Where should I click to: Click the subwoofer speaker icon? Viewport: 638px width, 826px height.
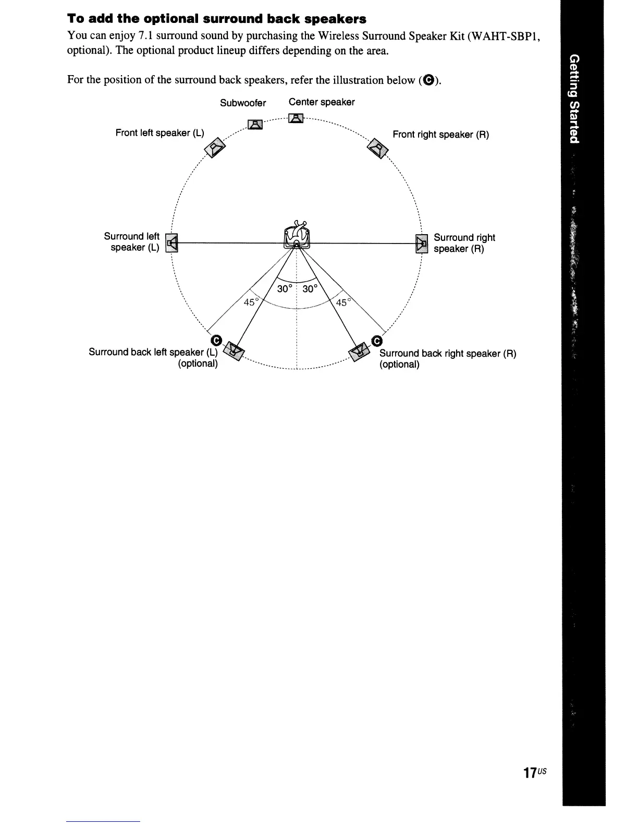pos(254,124)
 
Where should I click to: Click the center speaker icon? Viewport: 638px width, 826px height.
pos(296,118)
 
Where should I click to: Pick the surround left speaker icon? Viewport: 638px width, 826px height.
pos(171,242)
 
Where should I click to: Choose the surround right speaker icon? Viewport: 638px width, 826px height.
pos(421,243)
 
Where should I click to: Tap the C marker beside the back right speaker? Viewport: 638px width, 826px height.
pos(377,341)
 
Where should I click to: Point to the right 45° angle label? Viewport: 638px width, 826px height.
pos(345,302)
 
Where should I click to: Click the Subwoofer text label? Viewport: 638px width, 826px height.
pos(243,103)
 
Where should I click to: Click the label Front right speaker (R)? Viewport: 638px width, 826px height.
pos(440,135)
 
